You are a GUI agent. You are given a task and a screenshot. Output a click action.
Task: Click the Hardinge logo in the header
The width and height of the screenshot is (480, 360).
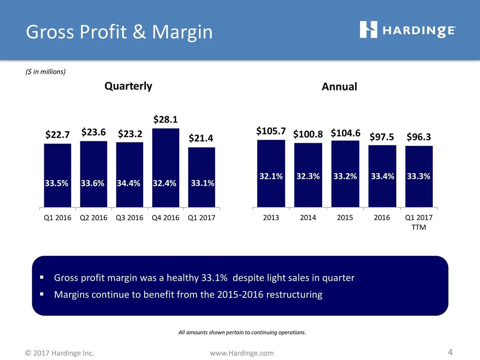tap(408, 30)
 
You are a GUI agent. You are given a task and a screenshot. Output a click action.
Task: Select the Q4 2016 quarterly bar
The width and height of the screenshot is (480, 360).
tap(165, 167)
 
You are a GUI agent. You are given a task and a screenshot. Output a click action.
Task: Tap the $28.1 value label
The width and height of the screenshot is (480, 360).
tap(165, 120)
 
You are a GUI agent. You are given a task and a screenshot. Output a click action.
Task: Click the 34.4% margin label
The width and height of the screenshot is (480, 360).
tap(129, 183)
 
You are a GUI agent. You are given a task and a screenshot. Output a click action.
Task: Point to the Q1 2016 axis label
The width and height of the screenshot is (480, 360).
tap(57, 218)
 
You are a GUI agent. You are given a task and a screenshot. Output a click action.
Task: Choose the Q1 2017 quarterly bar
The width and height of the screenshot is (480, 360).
tap(201, 177)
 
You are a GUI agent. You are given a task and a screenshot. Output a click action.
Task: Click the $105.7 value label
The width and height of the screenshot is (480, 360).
tap(271, 131)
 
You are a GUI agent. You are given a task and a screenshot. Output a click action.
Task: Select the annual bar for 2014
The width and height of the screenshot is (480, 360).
tap(308, 175)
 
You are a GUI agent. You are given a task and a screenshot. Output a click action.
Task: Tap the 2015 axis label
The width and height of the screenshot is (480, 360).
tap(345, 218)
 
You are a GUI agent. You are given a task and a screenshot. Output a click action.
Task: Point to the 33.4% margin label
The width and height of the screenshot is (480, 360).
tap(382, 176)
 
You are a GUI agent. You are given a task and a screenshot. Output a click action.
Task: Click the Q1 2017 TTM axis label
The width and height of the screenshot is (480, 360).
tap(419, 222)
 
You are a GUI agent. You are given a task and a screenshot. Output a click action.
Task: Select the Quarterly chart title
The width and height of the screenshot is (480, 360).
tap(128, 86)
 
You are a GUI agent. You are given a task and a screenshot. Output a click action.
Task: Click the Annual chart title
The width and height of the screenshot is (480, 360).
tap(339, 87)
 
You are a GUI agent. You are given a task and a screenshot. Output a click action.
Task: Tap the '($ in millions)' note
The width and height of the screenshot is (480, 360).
tap(45, 72)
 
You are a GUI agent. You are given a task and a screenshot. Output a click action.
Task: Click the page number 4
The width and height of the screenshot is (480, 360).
tap(450, 352)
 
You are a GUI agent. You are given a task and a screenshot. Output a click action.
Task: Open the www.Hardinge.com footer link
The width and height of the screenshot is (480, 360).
tap(242, 353)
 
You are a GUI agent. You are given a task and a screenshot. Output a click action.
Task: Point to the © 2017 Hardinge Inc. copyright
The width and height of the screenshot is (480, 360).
tap(60, 353)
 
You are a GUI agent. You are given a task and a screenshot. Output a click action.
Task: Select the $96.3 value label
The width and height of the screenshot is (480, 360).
tap(419, 137)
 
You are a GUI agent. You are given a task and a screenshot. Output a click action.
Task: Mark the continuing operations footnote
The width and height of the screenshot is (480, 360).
tap(242, 333)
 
